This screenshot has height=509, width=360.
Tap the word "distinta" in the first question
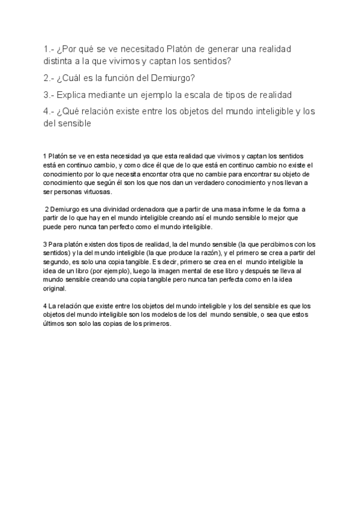coord(60,61)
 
